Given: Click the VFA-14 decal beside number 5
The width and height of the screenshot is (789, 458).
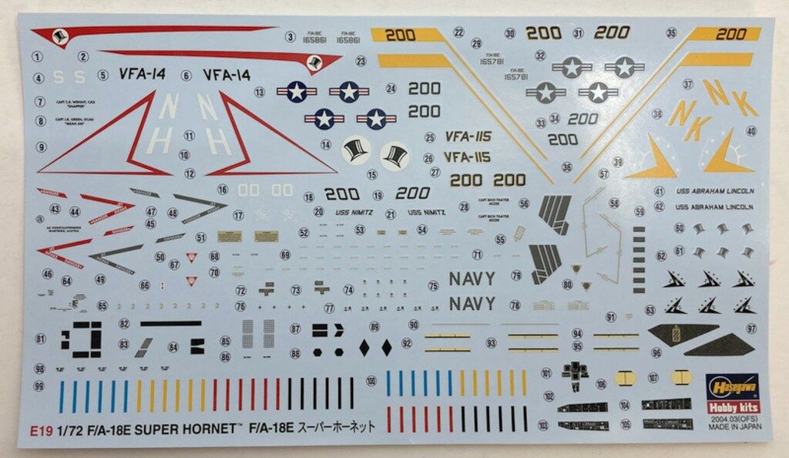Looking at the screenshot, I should (142, 75).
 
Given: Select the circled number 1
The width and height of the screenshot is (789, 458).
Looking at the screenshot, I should (39, 56).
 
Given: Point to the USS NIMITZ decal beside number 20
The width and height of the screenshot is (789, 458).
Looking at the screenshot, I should (354, 212).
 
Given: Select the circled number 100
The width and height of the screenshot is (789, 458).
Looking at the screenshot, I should (372, 381).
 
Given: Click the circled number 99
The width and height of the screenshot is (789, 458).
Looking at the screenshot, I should (39, 386).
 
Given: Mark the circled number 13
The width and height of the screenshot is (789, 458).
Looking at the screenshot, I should (260, 91).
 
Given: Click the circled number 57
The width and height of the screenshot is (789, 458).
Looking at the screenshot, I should (603, 175).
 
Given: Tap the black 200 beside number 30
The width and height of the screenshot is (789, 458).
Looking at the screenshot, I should (543, 32).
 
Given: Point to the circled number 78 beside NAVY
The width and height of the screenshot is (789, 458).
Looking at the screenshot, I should (515, 305).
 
